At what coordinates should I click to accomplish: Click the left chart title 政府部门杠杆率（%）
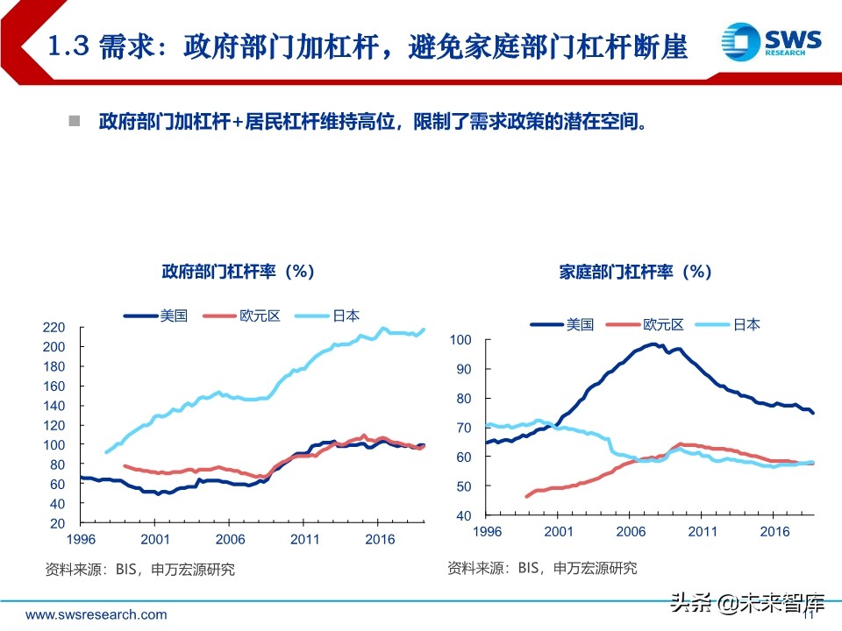238,272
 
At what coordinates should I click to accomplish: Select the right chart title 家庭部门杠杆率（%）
635,272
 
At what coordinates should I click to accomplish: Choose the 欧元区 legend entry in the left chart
241,315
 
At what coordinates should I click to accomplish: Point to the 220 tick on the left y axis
54,328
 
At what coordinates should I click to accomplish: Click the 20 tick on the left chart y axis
58,523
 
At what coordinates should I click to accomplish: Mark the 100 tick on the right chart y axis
460,340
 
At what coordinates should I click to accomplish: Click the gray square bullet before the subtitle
75,120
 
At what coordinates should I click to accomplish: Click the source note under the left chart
139,570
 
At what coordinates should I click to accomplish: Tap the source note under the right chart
542,568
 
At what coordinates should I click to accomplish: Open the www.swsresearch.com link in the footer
96,614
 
